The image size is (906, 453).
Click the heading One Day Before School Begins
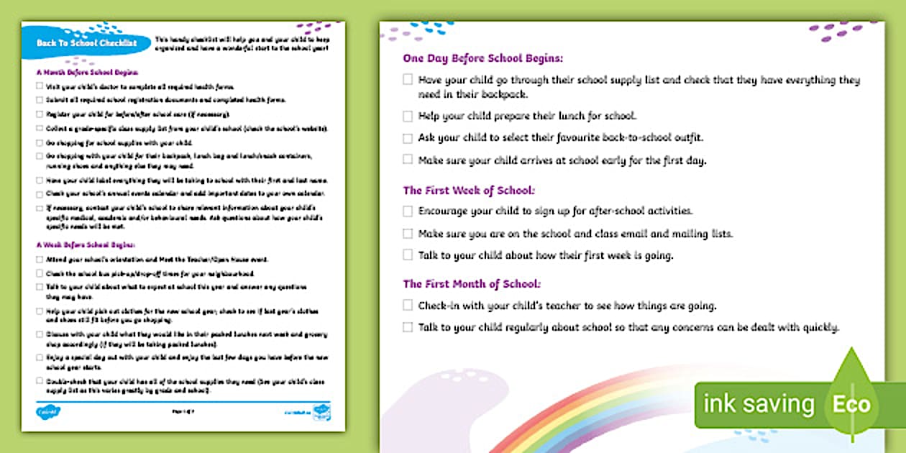click(x=482, y=58)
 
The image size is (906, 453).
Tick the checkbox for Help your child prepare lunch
click(x=408, y=116)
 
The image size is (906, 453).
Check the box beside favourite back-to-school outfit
click(x=408, y=137)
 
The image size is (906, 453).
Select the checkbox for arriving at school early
click(x=408, y=160)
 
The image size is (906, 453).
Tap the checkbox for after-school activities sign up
click(x=408, y=211)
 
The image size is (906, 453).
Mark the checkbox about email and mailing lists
click(x=408, y=234)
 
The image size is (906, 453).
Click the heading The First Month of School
click(x=472, y=284)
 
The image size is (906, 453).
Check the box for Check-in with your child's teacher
click(x=408, y=306)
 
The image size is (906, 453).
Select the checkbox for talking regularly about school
click(x=408, y=327)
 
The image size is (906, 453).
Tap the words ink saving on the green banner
click(x=759, y=404)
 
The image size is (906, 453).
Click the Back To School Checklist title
click(x=86, y=43)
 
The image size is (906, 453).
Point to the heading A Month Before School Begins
click(x=86, y=72)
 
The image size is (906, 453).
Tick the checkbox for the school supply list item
click(x=408, y=81)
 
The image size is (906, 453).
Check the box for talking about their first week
click(x=408, y=255)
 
